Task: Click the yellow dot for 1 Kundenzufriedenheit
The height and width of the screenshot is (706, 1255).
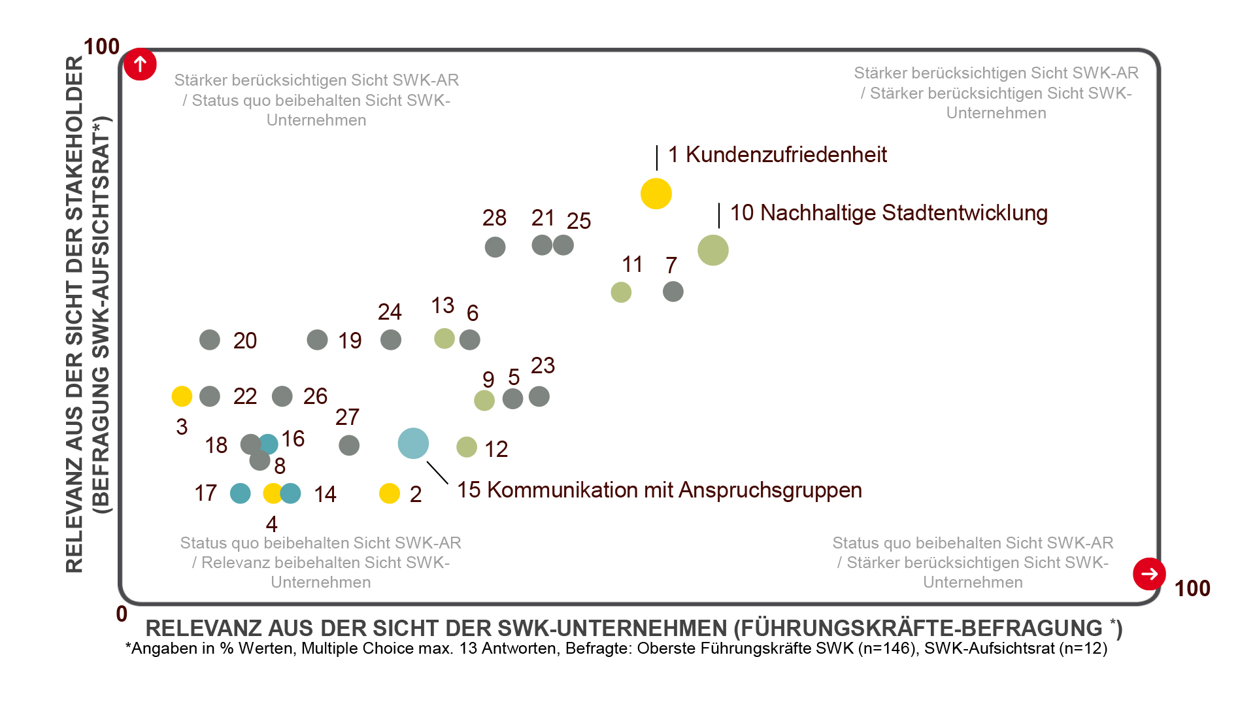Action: click(x=656, y=193)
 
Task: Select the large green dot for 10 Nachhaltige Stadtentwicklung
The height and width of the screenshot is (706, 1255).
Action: click(x=712, y=250)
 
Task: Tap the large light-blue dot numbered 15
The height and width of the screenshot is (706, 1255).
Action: click(x=413, y=443)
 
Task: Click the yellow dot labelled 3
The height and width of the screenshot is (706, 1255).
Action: click(x=182, y=395)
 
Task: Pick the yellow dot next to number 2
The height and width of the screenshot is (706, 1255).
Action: click(x=390, y=494)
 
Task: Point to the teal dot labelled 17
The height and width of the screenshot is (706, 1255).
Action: click(x=241, y=494)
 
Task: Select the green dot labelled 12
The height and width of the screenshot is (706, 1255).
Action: click(x=467, y=447)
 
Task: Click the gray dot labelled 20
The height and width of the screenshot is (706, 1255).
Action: click(x=210, y=340)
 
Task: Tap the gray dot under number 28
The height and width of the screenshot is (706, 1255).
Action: click(x=495, y=247)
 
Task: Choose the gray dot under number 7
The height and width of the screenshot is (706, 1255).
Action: click(x=673, y=292)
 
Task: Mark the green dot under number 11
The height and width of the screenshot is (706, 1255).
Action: click(x=621, y=292)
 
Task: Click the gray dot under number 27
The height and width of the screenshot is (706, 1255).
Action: click(x=349, y=445)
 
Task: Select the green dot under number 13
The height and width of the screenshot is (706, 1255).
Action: click(x=444, y=339)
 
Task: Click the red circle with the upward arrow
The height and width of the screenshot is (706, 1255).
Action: click(x=140, y=65)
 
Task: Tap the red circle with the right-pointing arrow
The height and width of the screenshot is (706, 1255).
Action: click(x=1149, y=574)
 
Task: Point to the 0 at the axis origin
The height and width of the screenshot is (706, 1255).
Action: click(x=122, y=614)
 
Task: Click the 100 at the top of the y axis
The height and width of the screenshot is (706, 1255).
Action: click(x=102, y=47)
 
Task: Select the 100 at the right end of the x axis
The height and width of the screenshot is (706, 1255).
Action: click(x=1192, y=588)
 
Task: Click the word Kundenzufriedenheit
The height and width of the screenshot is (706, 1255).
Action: click(x=786, y=155)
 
